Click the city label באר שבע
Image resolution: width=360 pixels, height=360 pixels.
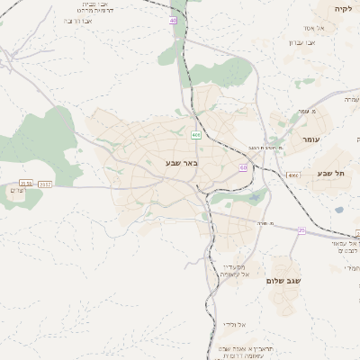click(181, 163)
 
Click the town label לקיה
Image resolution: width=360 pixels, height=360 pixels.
click(343, 8)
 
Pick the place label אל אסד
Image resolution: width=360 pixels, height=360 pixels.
click(327, 28)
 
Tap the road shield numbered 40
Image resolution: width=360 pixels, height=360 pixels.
click(173, 20)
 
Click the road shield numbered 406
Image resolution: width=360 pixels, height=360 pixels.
click(195, 135)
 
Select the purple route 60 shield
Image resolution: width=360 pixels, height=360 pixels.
click(243, 167)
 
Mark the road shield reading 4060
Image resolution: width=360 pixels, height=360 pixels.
click(293, 175)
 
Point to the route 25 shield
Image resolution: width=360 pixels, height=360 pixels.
click(301, 230)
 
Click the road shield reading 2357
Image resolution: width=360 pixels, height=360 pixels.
click(45, 184)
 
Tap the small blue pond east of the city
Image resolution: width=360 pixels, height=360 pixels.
click(339, 210)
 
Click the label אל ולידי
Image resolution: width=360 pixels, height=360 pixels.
click(236, 324)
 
